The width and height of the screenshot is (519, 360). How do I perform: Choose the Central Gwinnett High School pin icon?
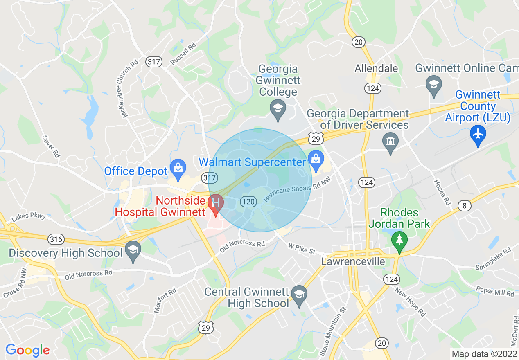click(x=299, y=295)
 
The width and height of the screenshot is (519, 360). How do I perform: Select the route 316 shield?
click(x=55, y=239)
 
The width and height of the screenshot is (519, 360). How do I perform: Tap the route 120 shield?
click(x=248, y=202)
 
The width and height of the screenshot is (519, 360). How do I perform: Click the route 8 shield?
click(x=464, y=206)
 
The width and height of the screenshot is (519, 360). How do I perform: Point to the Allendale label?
click(x=376, y=68)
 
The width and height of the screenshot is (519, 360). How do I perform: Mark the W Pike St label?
click(x=302, y=248)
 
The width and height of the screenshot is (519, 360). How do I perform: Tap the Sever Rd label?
click(x=51, y=146)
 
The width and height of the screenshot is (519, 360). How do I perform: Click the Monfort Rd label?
click(x=165, y=300)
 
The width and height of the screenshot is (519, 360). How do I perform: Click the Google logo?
click(x=27, y=350)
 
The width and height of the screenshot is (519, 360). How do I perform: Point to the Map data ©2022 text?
click(x=483, y=354)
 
